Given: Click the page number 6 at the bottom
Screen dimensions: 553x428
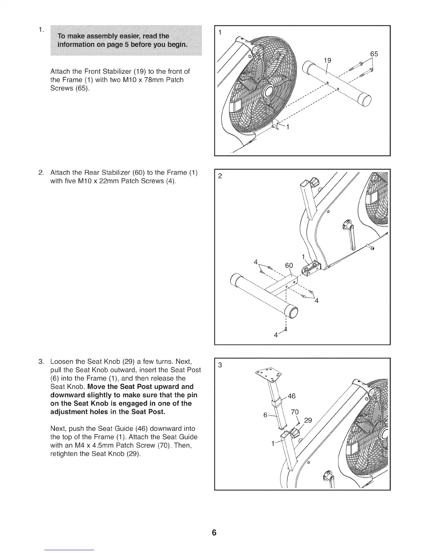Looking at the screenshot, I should click(x=214, y=533).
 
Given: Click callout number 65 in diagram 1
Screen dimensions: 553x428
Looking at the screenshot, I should click(x=374, y=54).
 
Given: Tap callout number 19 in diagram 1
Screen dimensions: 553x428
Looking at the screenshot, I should click(x=327, y=60).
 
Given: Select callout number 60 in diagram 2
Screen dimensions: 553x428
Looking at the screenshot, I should click(x=289, y=266).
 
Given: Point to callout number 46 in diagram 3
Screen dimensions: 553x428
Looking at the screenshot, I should click(x=291, y=396).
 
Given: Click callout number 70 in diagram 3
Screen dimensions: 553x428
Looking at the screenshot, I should click(x=294, y=412).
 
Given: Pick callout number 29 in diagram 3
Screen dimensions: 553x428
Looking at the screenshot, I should click(x=308, y=420).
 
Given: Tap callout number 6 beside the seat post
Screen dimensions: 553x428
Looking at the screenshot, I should click(x=265, y=415).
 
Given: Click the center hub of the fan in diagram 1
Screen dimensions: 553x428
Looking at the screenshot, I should click(x=270, y=92).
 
